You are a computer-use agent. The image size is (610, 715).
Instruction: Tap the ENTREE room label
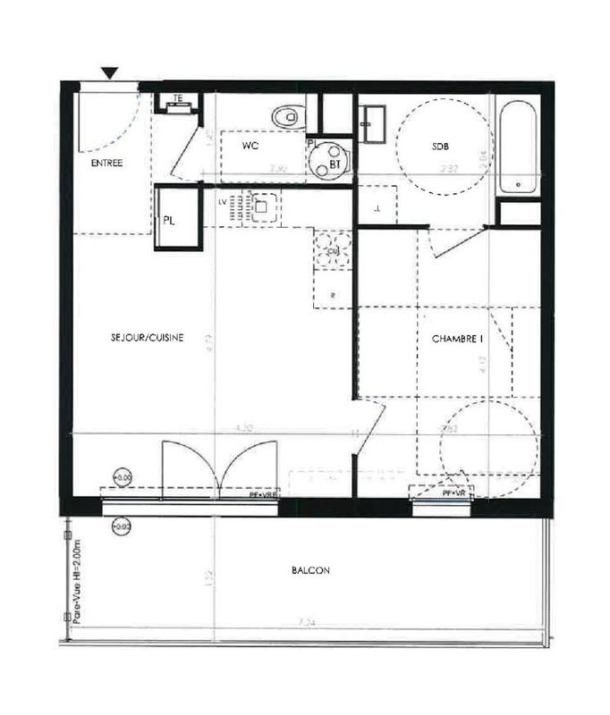click(106, 164)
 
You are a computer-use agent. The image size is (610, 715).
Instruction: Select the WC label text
click(250, 145)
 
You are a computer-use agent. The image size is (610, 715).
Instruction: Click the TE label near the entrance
click(178, 99)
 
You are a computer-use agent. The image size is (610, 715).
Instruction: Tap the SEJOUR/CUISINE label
click(148, 337)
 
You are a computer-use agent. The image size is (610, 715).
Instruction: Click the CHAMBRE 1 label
click(457, 339)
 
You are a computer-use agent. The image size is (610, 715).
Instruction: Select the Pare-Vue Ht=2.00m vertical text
click(77, 581)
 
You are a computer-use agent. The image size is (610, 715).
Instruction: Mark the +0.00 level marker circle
click(123, 478)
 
